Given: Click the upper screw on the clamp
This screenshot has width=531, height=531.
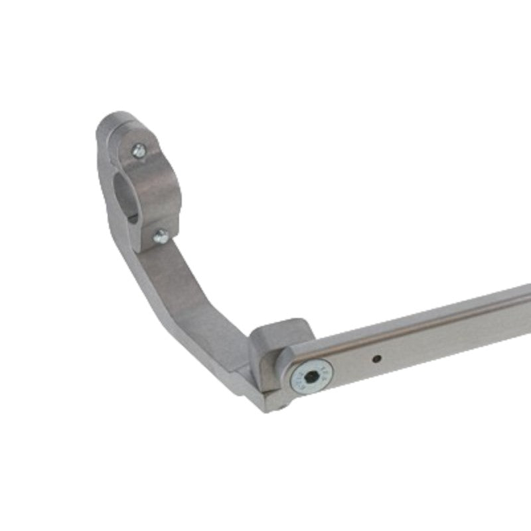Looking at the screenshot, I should coord(138,151).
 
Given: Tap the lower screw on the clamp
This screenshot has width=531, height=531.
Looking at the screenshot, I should coord(160,236).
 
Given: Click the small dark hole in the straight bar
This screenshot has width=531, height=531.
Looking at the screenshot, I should coord(376,358).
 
